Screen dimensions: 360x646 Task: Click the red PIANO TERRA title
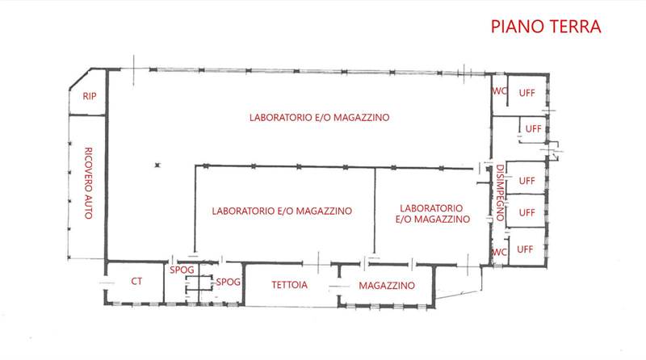point(547,26)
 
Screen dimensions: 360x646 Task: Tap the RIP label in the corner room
point(89,96)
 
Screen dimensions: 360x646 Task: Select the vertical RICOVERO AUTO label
point(88,182)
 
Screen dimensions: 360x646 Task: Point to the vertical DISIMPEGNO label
point(500,189)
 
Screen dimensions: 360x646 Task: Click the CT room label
point(136,282)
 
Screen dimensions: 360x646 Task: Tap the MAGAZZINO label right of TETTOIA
point(387,286)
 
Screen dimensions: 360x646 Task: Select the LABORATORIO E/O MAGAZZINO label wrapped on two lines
point(433,213)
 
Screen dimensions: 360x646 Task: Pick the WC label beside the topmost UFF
point(499,90)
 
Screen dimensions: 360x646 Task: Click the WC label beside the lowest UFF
point(499,251)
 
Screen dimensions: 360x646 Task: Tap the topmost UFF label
point(526,92)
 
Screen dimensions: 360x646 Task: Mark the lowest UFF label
point(526,248)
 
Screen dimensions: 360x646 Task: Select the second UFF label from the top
point(533,128)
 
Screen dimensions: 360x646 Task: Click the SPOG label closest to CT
point(180,270)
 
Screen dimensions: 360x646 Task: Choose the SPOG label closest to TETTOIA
point(228,282)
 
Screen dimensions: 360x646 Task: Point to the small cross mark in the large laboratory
point(158,165)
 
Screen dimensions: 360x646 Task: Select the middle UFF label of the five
point(526,178)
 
